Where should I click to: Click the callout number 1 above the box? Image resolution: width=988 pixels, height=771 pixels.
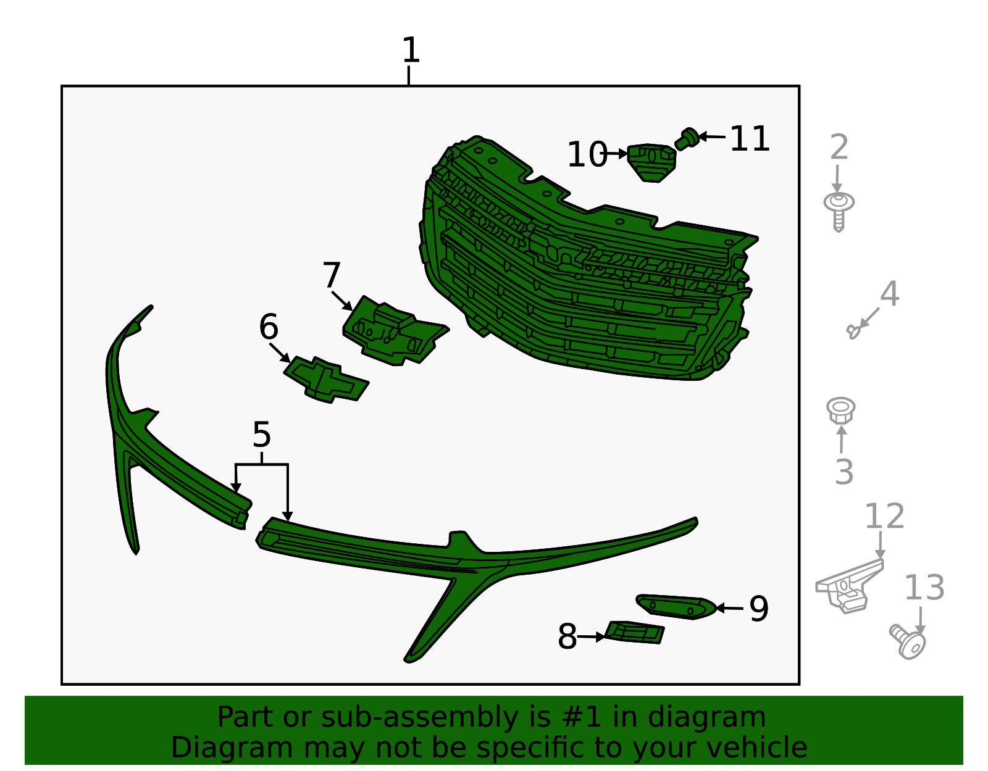click(x=411, y=50)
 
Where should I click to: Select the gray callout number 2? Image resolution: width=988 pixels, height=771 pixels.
click(x=839, y=147)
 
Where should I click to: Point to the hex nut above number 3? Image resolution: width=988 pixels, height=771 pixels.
click(x=840, y=411)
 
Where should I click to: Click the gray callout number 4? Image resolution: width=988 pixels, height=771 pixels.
click(x=889, y=294)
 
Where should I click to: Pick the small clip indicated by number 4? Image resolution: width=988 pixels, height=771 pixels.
click(x=853, y=331)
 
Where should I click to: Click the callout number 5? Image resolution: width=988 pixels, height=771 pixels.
click(x=261, y=435)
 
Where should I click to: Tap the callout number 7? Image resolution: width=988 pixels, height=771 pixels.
click(x=331, y=275)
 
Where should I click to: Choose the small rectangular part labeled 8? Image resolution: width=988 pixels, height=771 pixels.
click(x=635, y=633)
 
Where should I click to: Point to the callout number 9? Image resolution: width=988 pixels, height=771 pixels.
click(x=759, y=609)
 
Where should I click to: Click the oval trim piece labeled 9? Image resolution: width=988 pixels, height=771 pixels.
click(x=677, y=607)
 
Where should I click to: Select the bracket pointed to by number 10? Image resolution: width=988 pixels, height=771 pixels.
click(x=651, y=162)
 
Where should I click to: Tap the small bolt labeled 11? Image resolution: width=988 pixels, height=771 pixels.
click(x=687, y=138)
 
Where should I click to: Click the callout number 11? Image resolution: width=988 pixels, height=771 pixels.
click(x=750, y=138)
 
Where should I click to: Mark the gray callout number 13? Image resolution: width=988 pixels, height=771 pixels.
click(x=924, y=588)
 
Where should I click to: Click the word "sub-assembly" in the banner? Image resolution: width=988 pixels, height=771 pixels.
click(x=419, y=717)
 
